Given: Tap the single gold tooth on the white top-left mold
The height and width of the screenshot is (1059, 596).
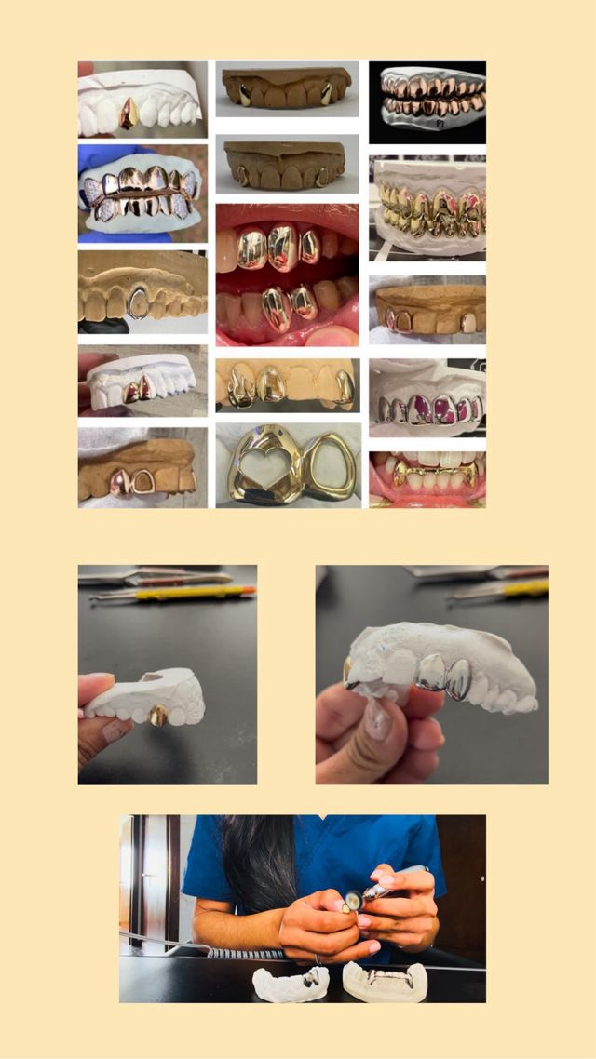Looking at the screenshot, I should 129,114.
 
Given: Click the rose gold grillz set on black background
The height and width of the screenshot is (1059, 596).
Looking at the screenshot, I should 427,97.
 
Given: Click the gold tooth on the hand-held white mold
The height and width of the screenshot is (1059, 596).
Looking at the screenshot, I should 159,715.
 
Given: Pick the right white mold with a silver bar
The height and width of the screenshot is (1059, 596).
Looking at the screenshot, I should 385,980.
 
